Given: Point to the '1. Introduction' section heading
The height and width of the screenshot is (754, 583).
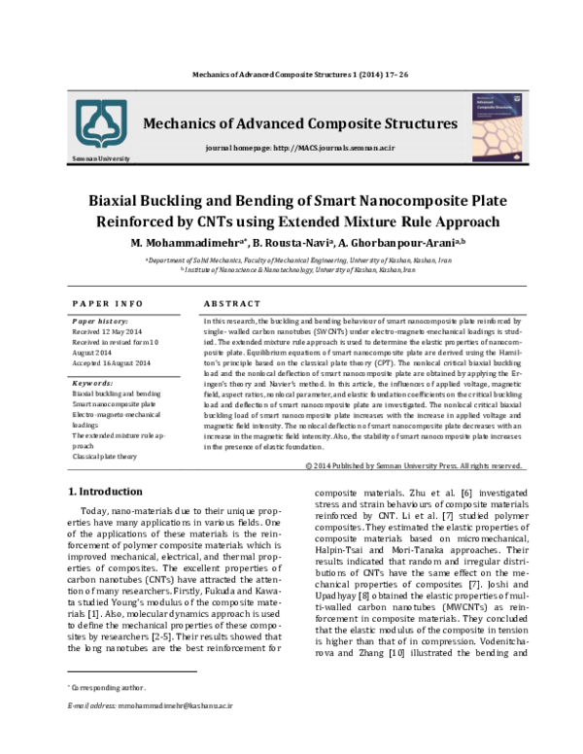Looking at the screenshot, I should pos(104,491).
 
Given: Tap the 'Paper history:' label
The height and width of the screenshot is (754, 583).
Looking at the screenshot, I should pos(100,320).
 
